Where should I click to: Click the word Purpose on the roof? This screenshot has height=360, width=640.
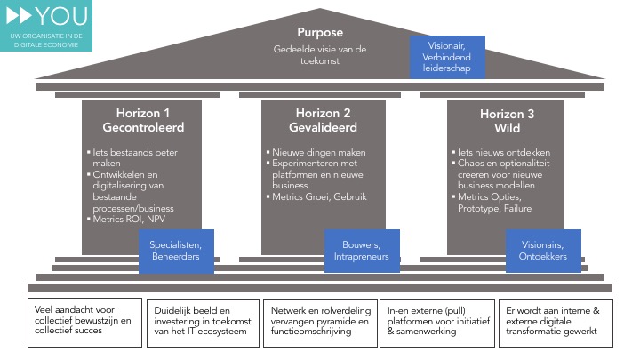(319, 33)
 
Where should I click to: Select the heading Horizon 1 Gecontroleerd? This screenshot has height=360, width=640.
(142, 120)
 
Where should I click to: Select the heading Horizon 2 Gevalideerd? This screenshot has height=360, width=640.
(323, 120)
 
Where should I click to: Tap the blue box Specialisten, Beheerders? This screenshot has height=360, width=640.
(176, 252)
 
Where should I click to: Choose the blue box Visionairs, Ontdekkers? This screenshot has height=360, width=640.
(543, 252)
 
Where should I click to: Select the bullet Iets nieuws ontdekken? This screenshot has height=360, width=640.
(494, 152)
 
